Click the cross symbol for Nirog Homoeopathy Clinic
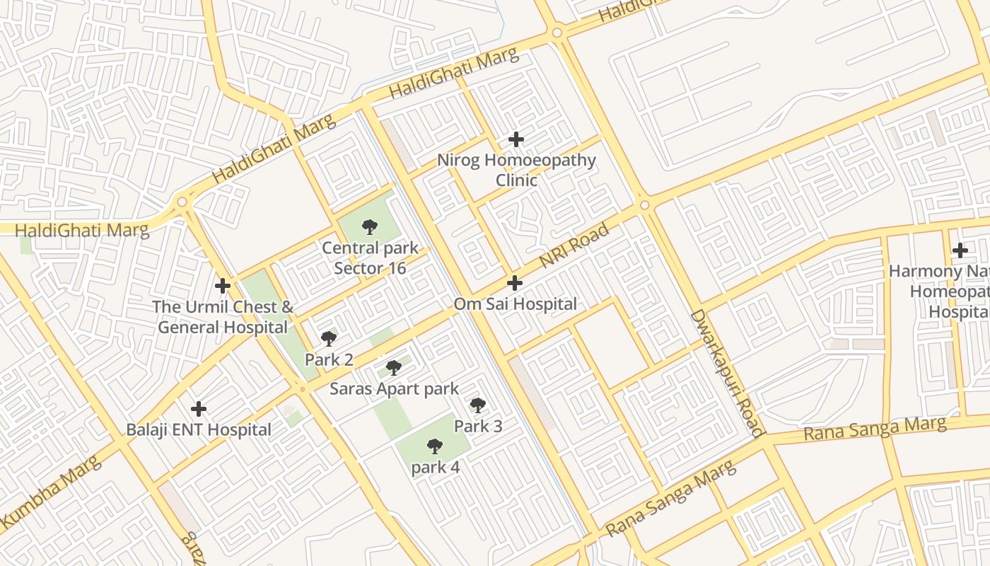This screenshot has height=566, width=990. [516, 139]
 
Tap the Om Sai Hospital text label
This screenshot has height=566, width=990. [515, 304]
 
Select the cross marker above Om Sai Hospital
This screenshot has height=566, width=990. [515, 284]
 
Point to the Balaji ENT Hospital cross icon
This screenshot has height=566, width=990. [199, 409]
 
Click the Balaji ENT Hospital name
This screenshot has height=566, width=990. [199, 429]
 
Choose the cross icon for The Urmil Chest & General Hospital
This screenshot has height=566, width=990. [223, 286]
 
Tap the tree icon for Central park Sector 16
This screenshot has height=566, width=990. [369, 227]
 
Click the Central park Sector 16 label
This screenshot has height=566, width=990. [370, 258]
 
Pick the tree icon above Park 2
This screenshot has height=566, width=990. [329, 338]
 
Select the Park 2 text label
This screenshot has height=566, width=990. [329, 359]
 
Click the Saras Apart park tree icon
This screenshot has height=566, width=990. [394, 368]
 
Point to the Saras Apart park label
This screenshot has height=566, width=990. [395, 388]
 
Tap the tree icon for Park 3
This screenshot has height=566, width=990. [478, 405]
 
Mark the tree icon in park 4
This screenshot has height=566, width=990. [435, 446]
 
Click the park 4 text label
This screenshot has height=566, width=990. [435, 468]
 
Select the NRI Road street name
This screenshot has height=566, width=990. [573, 246]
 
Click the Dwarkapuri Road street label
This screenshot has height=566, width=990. [727, 372]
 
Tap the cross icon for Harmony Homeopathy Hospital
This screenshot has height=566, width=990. [960, 250]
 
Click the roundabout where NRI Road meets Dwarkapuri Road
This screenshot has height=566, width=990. [644, 205]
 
